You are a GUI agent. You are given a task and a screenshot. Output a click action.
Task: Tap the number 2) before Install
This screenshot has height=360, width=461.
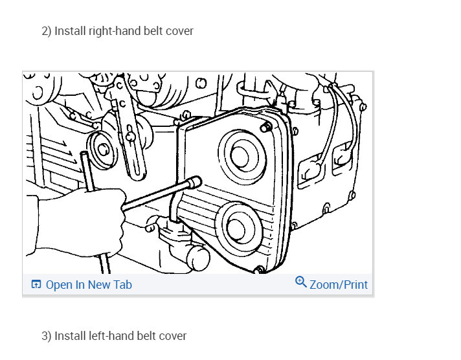47,31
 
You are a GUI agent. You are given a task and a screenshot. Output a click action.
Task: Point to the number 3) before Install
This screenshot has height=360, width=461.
47,336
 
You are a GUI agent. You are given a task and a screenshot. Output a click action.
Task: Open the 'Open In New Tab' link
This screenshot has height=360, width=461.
89,285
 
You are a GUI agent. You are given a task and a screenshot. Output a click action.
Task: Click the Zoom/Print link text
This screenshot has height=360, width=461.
339,285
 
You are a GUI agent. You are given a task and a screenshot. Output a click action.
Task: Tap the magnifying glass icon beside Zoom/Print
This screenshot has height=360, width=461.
301,282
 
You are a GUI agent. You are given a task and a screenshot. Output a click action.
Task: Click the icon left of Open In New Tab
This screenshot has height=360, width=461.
36,284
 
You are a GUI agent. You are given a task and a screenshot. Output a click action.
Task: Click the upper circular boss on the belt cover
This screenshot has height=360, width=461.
243,157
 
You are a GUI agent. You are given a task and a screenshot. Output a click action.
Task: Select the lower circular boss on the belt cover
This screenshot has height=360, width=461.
239,228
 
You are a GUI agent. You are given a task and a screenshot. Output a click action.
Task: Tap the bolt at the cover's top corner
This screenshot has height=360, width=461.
266,128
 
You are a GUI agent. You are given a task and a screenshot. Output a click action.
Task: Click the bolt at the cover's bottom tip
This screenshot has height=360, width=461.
259,270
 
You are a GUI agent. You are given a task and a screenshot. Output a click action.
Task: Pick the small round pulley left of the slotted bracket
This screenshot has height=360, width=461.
102,150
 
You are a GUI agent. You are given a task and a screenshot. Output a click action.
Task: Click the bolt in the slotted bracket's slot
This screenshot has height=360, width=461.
130,136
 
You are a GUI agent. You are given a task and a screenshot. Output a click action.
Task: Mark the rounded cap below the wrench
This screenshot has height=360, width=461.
199,258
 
